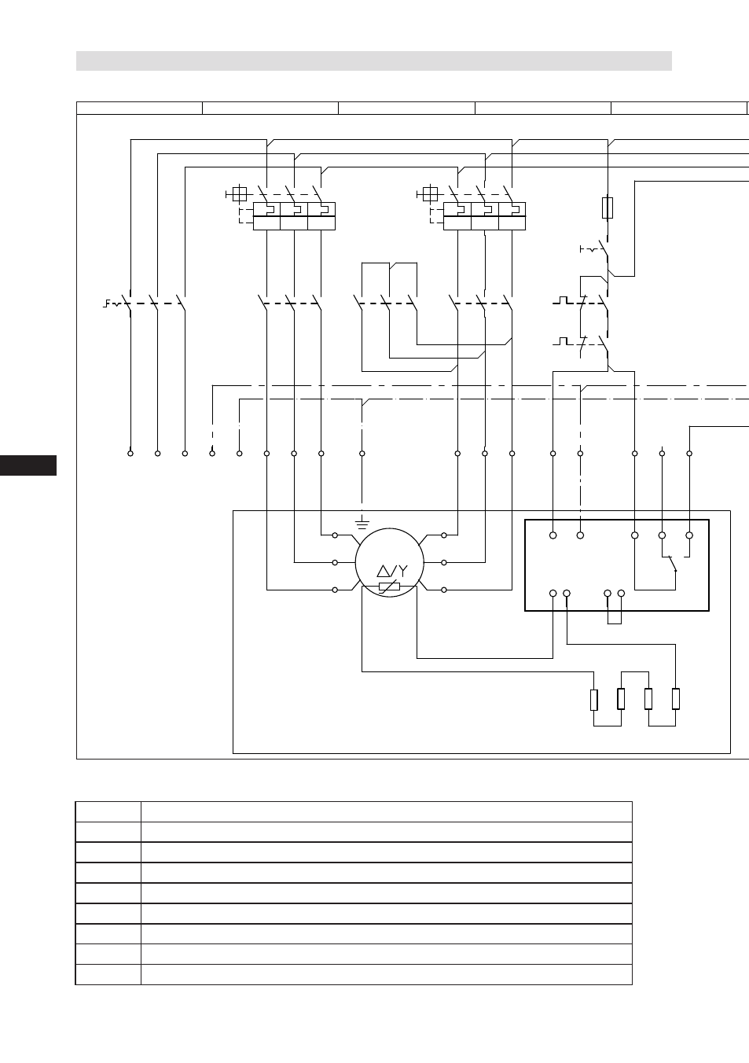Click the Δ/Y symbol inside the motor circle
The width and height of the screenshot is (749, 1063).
pyautogui.click(x=392, y=570)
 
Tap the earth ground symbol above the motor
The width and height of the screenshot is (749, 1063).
pyautogui.click(x=362, y=524)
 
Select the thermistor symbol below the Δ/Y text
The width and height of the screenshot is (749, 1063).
pyautogui.click(x=389, y=587)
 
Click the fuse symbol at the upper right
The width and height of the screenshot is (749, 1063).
pyautogui.click(x=608, y=208)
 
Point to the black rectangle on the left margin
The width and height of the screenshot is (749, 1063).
pyautogui.click(x=28, y=465)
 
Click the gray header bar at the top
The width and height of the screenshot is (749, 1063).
pyautogui.click(x=374, y=61)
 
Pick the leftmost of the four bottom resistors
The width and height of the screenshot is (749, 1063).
pyautogui.click(x=593, y=700)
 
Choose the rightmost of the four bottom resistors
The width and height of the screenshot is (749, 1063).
pyautogui.click(x=675, y=699)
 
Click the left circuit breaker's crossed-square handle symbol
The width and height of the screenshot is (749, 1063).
pyautogui.click(x=240, y=194)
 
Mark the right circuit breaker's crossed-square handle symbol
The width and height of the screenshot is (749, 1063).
pyautogui.click(x=430, y=194)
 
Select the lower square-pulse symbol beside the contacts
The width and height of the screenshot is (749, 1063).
pyautogui.click(x=563, y=341)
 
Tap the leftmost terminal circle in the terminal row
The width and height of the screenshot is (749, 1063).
pyautogui.click(x=130, y=454)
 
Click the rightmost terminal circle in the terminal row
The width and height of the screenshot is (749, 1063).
pyautogui.click(x=689, y=454)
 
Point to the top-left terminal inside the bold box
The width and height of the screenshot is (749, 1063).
pyautogui.click(x=553, y=535)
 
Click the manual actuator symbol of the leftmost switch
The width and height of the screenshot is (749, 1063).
pyautogui.click(x=112, y=303)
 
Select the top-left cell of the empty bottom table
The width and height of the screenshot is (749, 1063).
pyautogui.click(x=108, y=812)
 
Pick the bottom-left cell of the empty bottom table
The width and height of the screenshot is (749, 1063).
pyautogui.click(x=108, y=974)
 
